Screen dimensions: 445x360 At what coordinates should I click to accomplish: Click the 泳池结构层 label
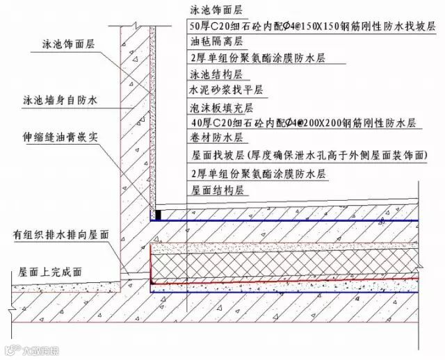click(211, 74)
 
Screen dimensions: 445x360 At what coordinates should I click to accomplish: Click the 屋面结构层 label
click(211, 188)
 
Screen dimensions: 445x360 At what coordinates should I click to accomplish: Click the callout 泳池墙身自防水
click(59, 101)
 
